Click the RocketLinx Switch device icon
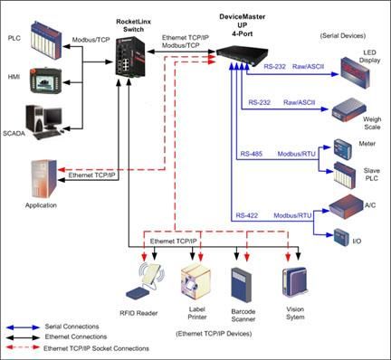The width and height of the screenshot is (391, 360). (130, 56)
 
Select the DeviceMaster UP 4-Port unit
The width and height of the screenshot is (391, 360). (242, 54)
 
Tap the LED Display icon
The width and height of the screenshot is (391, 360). (355, 72)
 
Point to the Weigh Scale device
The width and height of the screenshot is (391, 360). (349, 109)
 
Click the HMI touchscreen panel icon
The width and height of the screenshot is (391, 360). (45, 81)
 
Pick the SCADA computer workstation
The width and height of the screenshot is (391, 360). (46, 122)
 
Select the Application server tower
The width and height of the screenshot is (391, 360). (44, 178)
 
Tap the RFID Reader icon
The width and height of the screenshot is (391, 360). (146, 281)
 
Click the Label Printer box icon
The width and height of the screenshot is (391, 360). (195, 281)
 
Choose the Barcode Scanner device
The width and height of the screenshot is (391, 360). (241, 285)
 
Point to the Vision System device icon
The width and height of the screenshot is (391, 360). (294, 282)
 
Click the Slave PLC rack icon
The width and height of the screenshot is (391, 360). (345, 175)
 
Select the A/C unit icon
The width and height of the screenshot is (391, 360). (346, 206)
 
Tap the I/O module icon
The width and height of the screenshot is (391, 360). (342, 237)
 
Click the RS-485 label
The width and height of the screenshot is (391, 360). (251, 154)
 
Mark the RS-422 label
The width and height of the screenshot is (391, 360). (247, 215)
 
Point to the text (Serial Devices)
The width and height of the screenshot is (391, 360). (343, 35)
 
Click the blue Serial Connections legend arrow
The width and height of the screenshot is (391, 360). (24, 327)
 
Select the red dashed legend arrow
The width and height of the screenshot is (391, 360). (24, 347)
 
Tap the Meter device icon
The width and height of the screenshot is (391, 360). (343, 148)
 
